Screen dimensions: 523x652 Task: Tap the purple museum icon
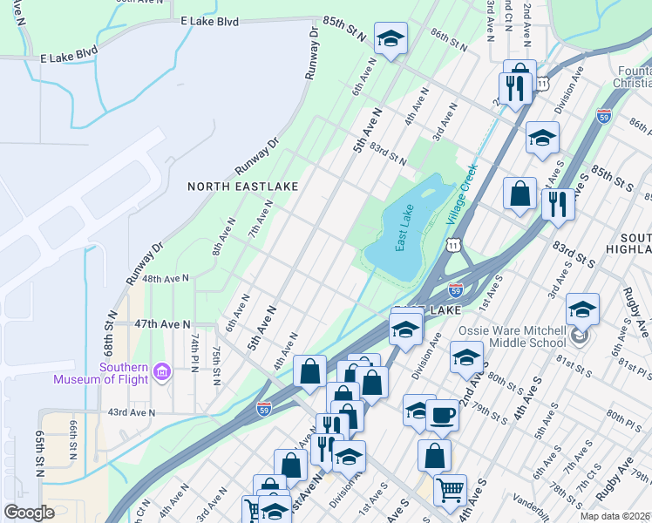pyautogui.click(x=162, y=372)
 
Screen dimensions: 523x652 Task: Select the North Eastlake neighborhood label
pyautogui.click(x=243, y=187)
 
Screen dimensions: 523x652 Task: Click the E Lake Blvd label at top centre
pyautogui.click(x=209, y=20)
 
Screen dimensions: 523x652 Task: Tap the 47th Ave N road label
pyautogui.click(x=162, y=323)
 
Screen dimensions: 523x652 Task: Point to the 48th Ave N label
pyautogui.click(x=166, y=279)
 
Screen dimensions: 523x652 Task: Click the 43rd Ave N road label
pyautogui.click(x=131, y=412)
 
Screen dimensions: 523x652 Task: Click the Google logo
pyautogui.click(x=29, y=513)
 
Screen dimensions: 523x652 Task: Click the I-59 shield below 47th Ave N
pyautogui.click(x=264, y=406)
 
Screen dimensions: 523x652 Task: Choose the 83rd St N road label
pyautogui.click(x=388, y=154)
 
